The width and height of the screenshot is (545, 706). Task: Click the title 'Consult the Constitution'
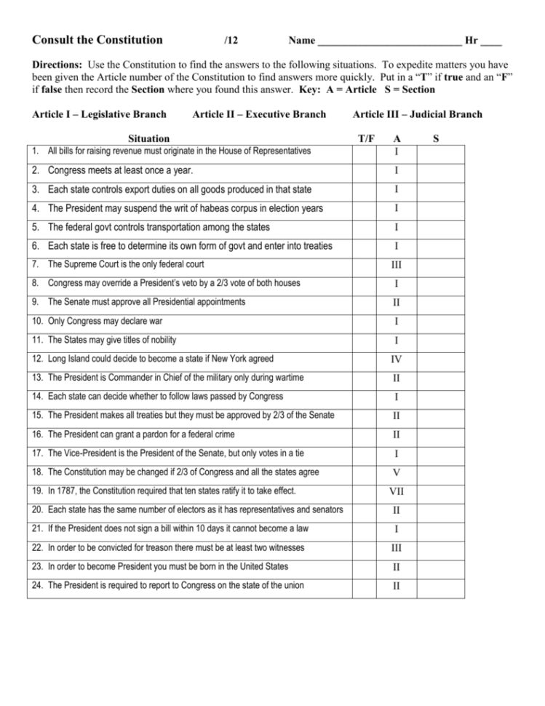click(x=98, y=40)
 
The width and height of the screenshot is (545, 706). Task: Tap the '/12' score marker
click(x=232, y=41)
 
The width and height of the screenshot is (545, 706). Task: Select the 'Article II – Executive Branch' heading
click(x=259, y=114)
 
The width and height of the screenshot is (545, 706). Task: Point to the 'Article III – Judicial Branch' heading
click(x=417, y=114)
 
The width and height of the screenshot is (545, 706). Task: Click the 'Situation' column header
click(x=148, y=138)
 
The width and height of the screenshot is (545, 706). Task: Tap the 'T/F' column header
click(x=367, y=138)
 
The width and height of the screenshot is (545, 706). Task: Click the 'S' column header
click(x=435, y=138)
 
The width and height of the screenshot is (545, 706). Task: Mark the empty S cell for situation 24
click(x=440, y=587)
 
